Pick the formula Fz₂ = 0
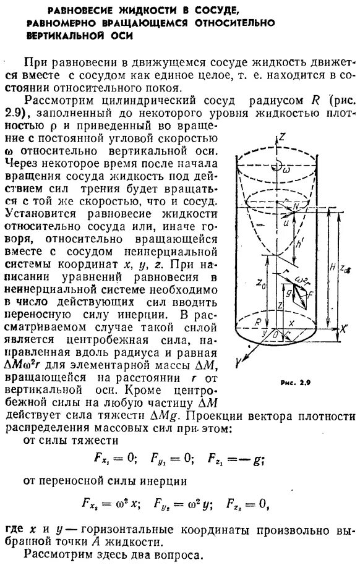247,503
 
